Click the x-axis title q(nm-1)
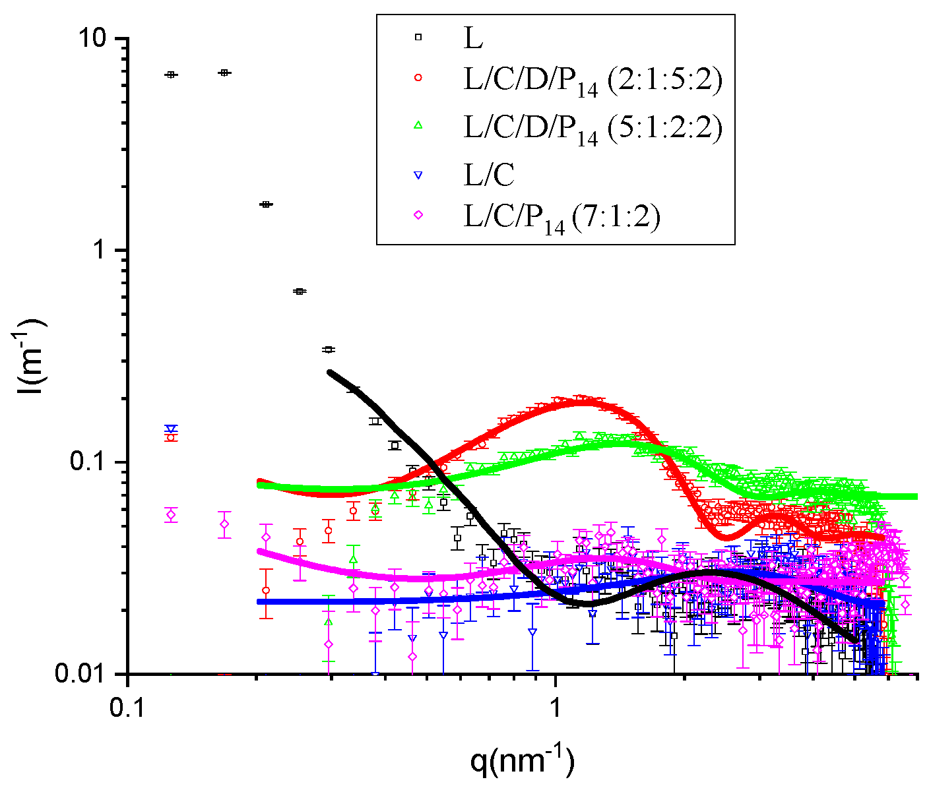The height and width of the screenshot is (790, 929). (522, 761)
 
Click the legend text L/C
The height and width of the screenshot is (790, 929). (488, 175)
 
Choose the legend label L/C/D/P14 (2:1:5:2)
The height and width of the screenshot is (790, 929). (593, 82)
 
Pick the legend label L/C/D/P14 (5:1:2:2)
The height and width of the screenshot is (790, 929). (593, 128)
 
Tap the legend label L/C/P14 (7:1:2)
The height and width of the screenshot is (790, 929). (561, 218)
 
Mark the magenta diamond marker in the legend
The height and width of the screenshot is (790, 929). (417, 214)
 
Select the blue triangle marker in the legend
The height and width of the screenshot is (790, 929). (417, 175)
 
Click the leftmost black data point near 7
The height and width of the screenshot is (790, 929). (171, 75)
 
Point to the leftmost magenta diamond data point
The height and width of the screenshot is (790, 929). (171, 515)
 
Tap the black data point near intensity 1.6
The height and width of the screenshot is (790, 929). (266, 204)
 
